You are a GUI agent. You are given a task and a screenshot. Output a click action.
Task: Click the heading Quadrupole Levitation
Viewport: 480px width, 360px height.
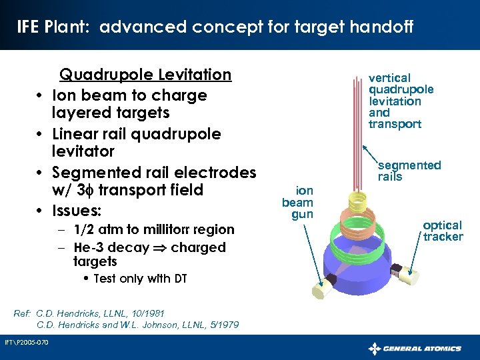[145, 74]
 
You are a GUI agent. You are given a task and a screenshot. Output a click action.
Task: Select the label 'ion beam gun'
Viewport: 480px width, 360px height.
[297, 203]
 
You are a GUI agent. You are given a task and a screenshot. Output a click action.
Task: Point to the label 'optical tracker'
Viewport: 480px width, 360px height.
[442, 231]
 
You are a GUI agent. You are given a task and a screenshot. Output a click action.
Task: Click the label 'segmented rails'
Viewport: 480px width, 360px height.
[409, 171]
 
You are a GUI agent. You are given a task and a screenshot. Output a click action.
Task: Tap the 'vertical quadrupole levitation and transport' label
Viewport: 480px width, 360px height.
[400, 101]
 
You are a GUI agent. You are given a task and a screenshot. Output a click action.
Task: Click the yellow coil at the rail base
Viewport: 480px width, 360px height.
[351, 199]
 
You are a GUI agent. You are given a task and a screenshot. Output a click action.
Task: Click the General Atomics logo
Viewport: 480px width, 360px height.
[415, 348]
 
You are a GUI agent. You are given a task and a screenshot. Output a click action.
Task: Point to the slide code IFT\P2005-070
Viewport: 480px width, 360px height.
[26, 343]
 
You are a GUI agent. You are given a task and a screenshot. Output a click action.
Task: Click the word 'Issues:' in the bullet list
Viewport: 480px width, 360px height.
[77, 211]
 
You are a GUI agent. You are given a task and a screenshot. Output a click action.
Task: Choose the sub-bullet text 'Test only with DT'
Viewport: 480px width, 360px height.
[139, 279]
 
